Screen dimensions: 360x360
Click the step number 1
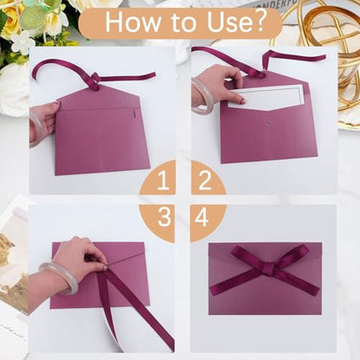(164, 181)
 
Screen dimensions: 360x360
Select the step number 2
(205, 180)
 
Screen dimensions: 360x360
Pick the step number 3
(164, 216)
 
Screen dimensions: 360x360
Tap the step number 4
(202, 216)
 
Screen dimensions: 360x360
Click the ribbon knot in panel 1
(94, 80)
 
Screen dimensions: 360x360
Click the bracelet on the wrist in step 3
(59, 279)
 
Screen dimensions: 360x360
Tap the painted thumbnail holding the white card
(241, 100)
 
